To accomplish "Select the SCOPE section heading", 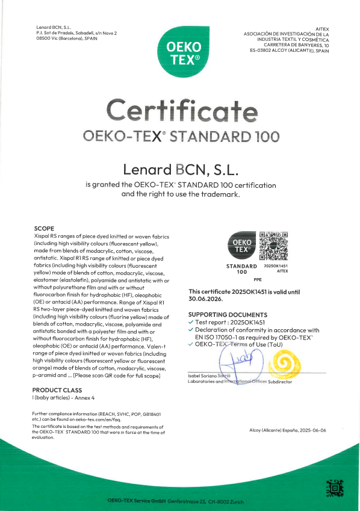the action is [x=45, y=229].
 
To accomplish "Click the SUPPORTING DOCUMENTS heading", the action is [x=228, y=315].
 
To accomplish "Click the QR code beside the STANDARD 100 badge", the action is [x=273, y=244].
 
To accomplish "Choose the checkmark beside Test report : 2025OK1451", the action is [x=191, y=323].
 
